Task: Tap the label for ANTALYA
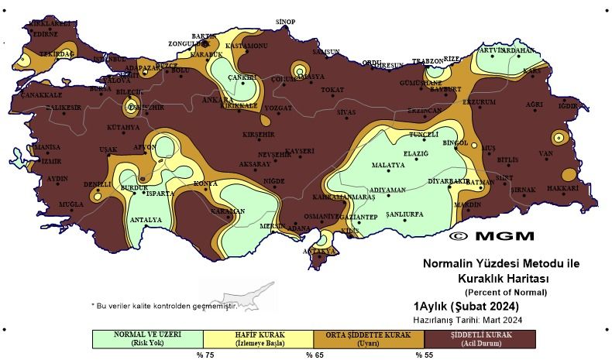[x=146, y=220]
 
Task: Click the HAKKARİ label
[x=569, y=188]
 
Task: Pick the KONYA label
[x=205, y=183]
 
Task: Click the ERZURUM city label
[x=479, y=102]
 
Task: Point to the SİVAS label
[x=346, y=112]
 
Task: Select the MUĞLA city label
[x=60, y=204]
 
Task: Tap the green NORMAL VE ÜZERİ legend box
[x=147, y=338]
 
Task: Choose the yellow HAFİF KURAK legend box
[x=258, y=338]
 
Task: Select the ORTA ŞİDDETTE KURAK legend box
[x=369, y=338]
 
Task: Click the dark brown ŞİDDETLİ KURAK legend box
[x=480, y=338]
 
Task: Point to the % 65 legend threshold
[x=313, y=355]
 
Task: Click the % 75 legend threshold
[x=204, y=355]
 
